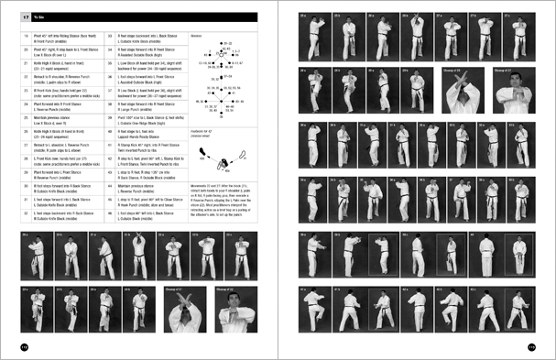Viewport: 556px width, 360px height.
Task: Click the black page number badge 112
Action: point(24,346)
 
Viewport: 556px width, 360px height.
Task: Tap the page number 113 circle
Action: point(531,346)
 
